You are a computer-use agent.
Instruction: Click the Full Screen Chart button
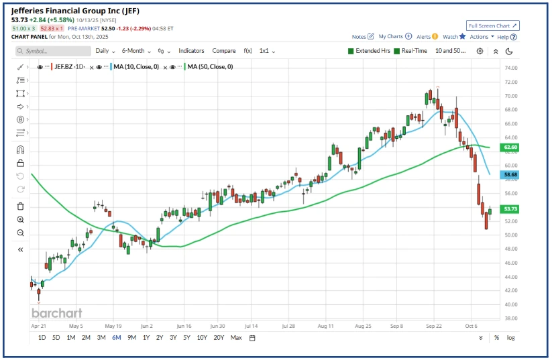[x=493, y=25]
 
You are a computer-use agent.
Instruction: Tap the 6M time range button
[x=117, y=338]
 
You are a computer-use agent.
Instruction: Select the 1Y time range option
[x=146, y=338]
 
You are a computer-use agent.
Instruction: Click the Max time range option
[x=236, y=338]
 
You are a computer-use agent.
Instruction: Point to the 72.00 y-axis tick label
[x=511, y=82]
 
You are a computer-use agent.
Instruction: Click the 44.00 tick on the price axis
[x=511, y=276]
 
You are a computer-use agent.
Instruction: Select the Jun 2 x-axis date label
[x=148, y=326]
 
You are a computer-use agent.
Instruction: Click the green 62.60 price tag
[x=511, y=147]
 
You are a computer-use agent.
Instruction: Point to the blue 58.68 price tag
[x=511, y=174]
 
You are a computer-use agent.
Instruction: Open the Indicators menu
[x=191, y=51]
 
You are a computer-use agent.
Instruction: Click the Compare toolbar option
[x=224, y=51]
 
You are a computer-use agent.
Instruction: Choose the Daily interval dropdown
[x=105, y=51]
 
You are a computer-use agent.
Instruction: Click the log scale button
[x=510, y=338]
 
